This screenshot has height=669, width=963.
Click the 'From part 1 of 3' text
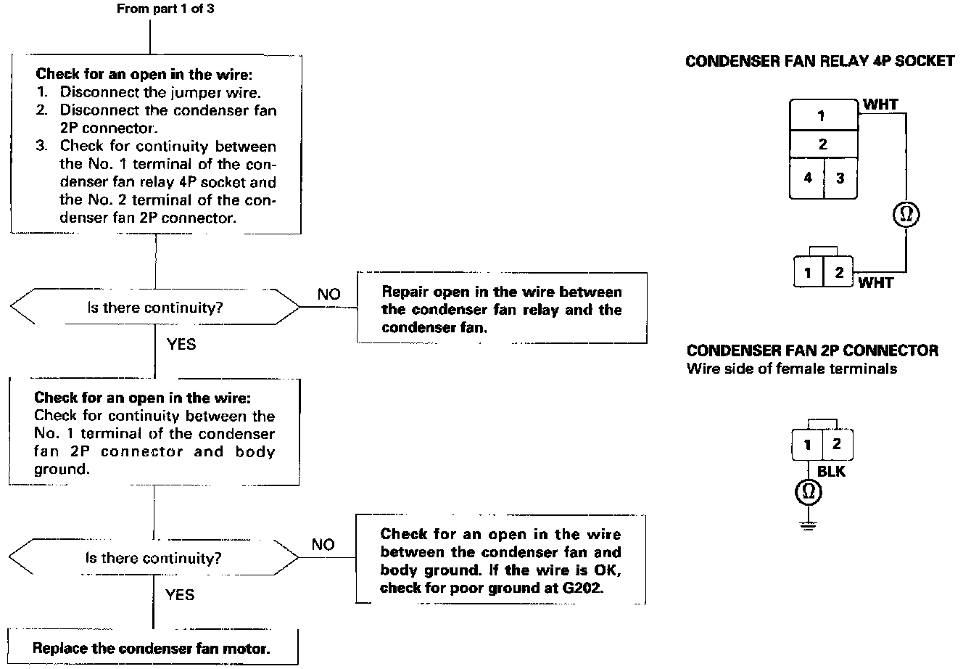[165, 9]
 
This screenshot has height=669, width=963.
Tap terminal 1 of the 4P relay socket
[822, 116]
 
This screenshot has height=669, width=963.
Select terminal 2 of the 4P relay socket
[822, 144]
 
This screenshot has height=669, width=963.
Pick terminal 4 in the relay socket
[806, 178]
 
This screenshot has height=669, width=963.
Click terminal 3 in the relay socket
[840, 178]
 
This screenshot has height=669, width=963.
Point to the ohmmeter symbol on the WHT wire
[905, 214]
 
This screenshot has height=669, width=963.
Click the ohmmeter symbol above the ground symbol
[808, 493]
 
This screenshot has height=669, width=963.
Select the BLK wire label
[831, 472]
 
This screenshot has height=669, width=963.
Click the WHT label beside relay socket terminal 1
[880, 105]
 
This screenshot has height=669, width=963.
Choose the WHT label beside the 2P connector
[875, 283]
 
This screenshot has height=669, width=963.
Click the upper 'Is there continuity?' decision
[155, 308]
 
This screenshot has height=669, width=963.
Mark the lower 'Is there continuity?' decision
[154, 558]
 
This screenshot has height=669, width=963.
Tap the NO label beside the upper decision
[328, 294]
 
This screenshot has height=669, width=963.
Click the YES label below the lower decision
[180, 595]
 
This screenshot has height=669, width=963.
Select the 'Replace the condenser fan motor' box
[152, 648]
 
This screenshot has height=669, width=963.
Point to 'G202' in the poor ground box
[583, 588]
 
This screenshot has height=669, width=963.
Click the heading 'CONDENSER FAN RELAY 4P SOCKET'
[819, 61]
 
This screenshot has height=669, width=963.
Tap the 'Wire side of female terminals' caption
[791, 369]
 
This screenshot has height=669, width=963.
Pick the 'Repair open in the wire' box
[502, 309]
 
